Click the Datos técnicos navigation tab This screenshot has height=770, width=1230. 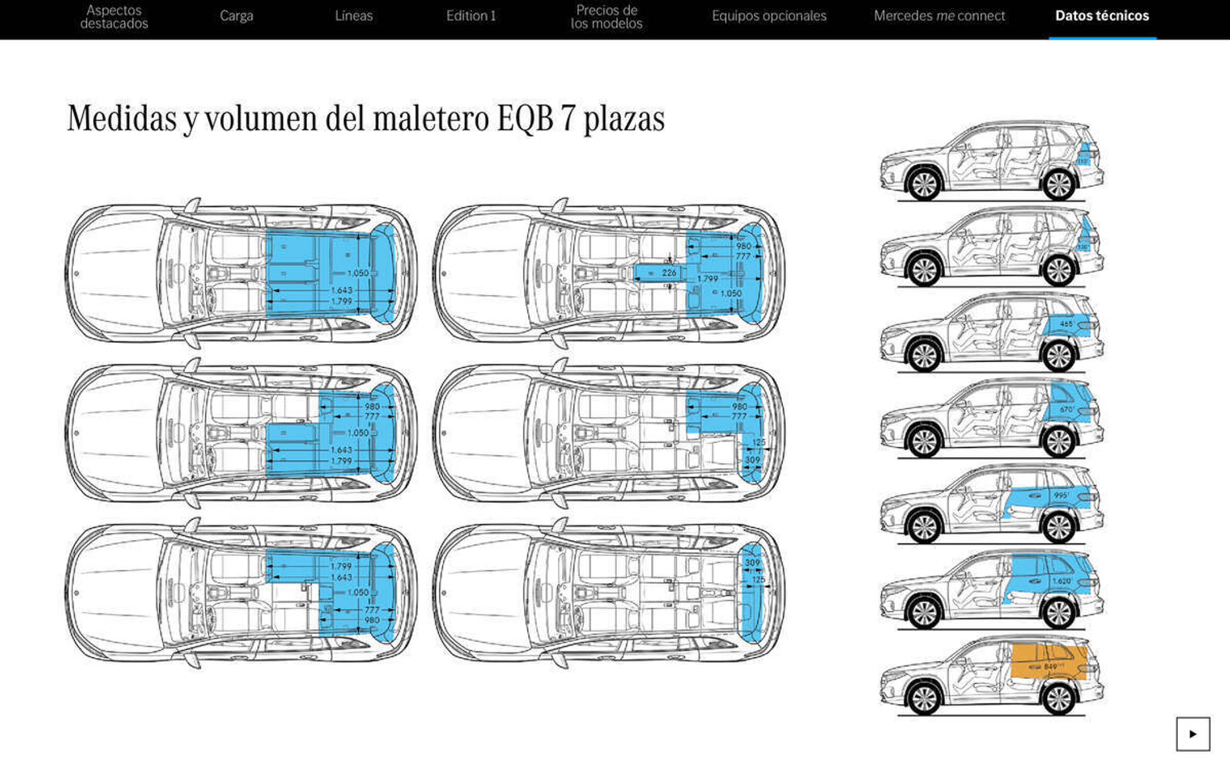point(1102,16)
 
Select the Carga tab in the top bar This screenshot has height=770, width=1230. point(237,16)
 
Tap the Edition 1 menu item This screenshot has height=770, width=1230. point(471,16)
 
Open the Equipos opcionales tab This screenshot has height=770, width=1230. point(769,16)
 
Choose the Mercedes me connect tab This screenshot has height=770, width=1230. point(939,16)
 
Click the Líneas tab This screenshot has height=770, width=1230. point(354,16)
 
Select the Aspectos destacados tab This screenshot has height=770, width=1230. point(114,17)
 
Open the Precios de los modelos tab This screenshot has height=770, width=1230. point(606,17)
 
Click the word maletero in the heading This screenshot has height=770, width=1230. point(431,119)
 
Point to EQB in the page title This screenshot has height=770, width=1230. point(525,119)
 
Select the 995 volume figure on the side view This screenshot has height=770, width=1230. point(1061,495)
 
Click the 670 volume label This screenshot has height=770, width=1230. point(1066,409)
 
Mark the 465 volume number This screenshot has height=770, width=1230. point(1066,324)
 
